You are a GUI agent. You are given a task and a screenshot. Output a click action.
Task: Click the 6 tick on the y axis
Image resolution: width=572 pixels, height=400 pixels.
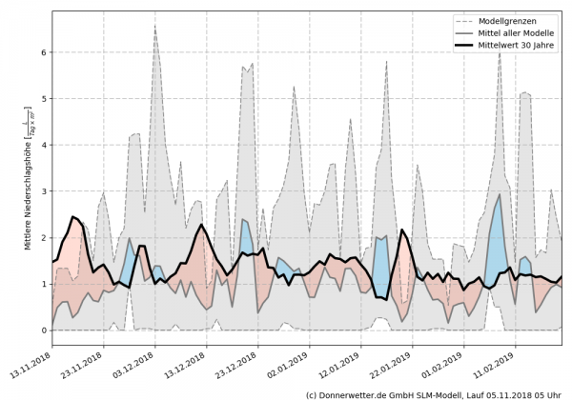click(x=42, y=51)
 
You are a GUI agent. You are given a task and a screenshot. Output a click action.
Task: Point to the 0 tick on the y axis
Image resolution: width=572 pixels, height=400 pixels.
click(x=42, y=330)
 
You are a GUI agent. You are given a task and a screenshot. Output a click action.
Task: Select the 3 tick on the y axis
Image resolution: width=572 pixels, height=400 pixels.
click(x=42, y=190)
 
